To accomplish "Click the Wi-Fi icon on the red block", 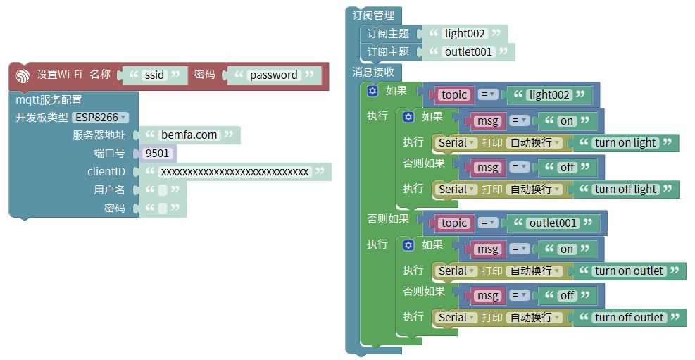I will click(x=23, y=75).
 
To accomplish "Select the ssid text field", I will click(x=154, y=75).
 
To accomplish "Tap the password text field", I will click(x=273, y=75).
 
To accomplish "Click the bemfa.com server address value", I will click(x=189, y=135).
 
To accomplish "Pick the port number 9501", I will click(x=157, y=153).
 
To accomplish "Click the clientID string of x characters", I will click(x=234, y=172).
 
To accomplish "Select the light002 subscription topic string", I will click(x=465, y=33).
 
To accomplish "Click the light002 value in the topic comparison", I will click(x=550, y=94).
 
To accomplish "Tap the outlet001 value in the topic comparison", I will click(x=553, y=223).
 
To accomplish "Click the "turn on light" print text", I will click(x=625, y=142).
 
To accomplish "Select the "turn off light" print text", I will click(x=626, y=189).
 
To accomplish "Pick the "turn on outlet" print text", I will click(x=629, y=271).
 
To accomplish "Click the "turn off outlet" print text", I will click(x=630, y=317).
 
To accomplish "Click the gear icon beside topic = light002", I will click(x=372, y=90).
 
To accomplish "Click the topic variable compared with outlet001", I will click(x=454, y=223).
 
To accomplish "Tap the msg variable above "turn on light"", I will click(x=487, y=120).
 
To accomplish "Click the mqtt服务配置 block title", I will click(x=49, y=100).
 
